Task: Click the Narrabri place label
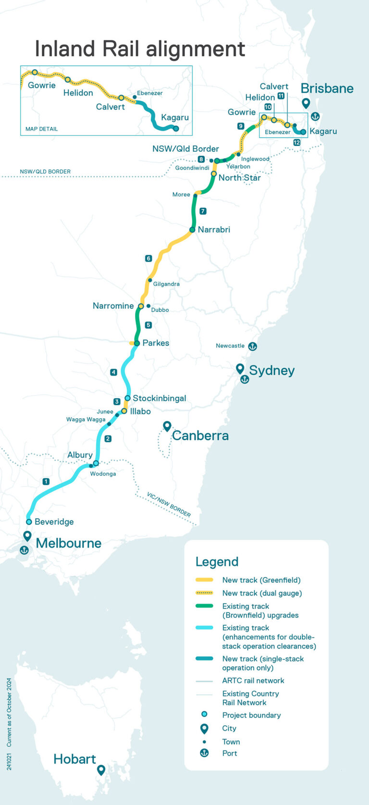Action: [x=214, y=230]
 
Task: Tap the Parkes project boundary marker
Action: [x=137, y=343]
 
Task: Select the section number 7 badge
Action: [x=203, y=211]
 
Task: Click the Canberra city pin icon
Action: [x=167, y=426]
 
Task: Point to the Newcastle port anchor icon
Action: [x=252, y=346]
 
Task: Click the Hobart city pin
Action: [x=101, y=770]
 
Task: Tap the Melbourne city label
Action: [x=69, y=543]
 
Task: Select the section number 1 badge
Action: [x=46, y=481]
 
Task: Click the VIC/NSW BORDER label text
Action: [x=169, y=504]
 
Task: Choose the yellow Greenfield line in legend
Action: [x=204, y=580]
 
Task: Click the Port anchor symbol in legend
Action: [x=204, y=753]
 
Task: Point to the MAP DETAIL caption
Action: [x=41, y=129]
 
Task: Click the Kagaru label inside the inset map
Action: [x=175, y=117]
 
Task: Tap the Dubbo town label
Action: [x=160, y=310]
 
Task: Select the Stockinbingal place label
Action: [x=159, y=398]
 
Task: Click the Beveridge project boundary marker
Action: [x=29, y=522]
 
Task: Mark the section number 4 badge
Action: [x=113, y=372]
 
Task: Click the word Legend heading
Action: [x=217, y=562]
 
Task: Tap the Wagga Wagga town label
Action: [x=86, y=419]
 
